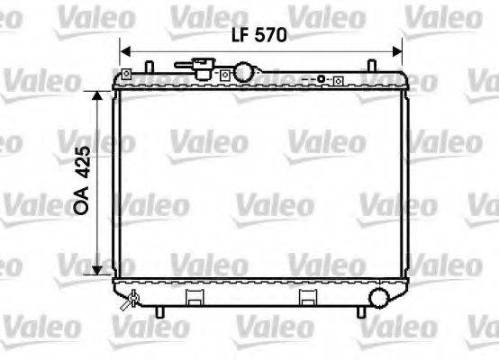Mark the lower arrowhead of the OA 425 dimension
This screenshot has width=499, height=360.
(96, 274)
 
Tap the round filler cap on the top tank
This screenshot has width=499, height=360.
(244, 71)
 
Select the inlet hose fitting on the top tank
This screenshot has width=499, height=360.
(200, 65)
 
